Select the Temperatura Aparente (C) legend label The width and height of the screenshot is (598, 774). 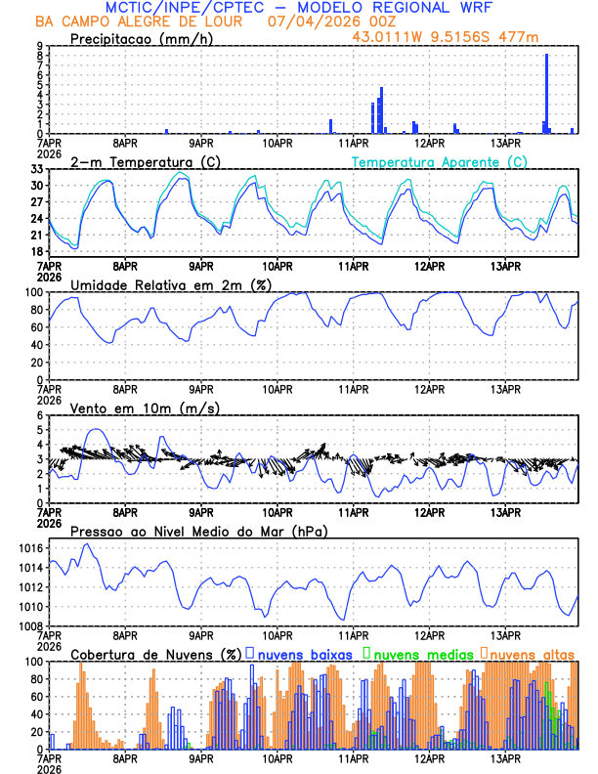point(439,160)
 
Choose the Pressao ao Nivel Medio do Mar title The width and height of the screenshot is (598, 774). point(199,532)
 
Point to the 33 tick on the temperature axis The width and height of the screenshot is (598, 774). point(37,169)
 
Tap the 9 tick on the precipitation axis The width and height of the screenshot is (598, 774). point(39,46)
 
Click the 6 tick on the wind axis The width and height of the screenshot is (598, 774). point(39,416)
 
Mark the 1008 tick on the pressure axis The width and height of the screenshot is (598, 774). point(32,625)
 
